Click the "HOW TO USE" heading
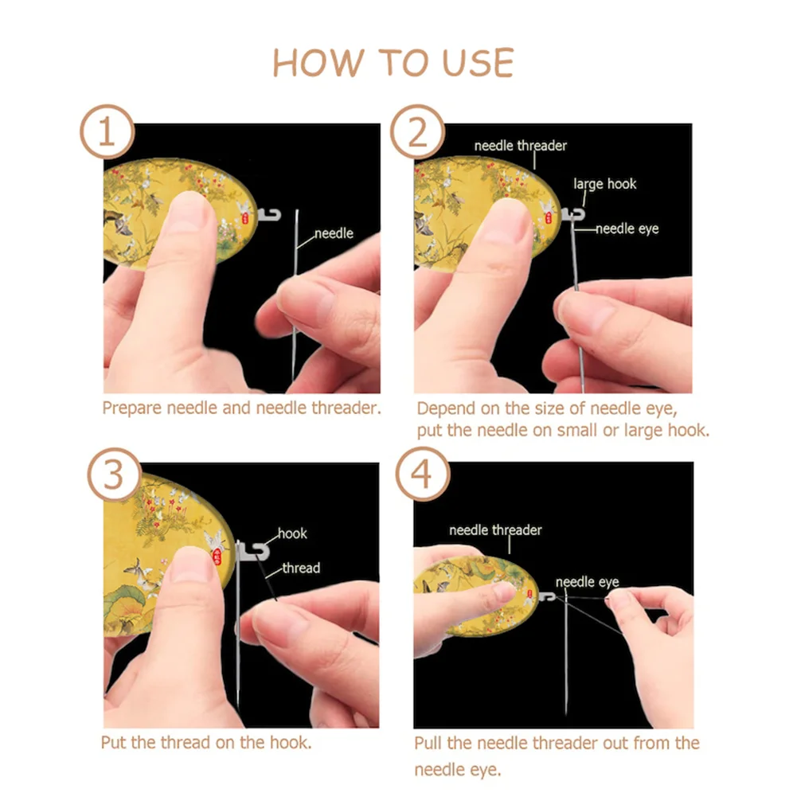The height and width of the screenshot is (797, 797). point(393,63)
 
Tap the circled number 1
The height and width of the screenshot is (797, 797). point(107,132)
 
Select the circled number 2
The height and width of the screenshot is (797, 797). point(418,132)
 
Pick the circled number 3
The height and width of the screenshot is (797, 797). point(115,475)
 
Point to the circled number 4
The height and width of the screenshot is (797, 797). point(423,475)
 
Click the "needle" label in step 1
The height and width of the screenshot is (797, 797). point(334,233)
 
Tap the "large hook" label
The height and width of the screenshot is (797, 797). point(605,184)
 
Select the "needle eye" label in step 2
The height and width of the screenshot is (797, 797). point(627,229)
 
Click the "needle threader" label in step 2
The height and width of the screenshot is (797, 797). point(521,146)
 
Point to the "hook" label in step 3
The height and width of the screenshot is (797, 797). point(292,533)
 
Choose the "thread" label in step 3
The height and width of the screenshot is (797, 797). point(301,568)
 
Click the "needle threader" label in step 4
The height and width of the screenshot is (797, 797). point(495,530)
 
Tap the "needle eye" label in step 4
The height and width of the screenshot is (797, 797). point(587,582)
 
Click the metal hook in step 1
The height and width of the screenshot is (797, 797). point(269,214)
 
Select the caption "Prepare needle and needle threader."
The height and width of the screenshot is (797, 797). point(241,408)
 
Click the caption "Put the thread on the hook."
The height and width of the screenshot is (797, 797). point(206,743)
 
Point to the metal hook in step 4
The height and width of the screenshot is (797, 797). point(548,596)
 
